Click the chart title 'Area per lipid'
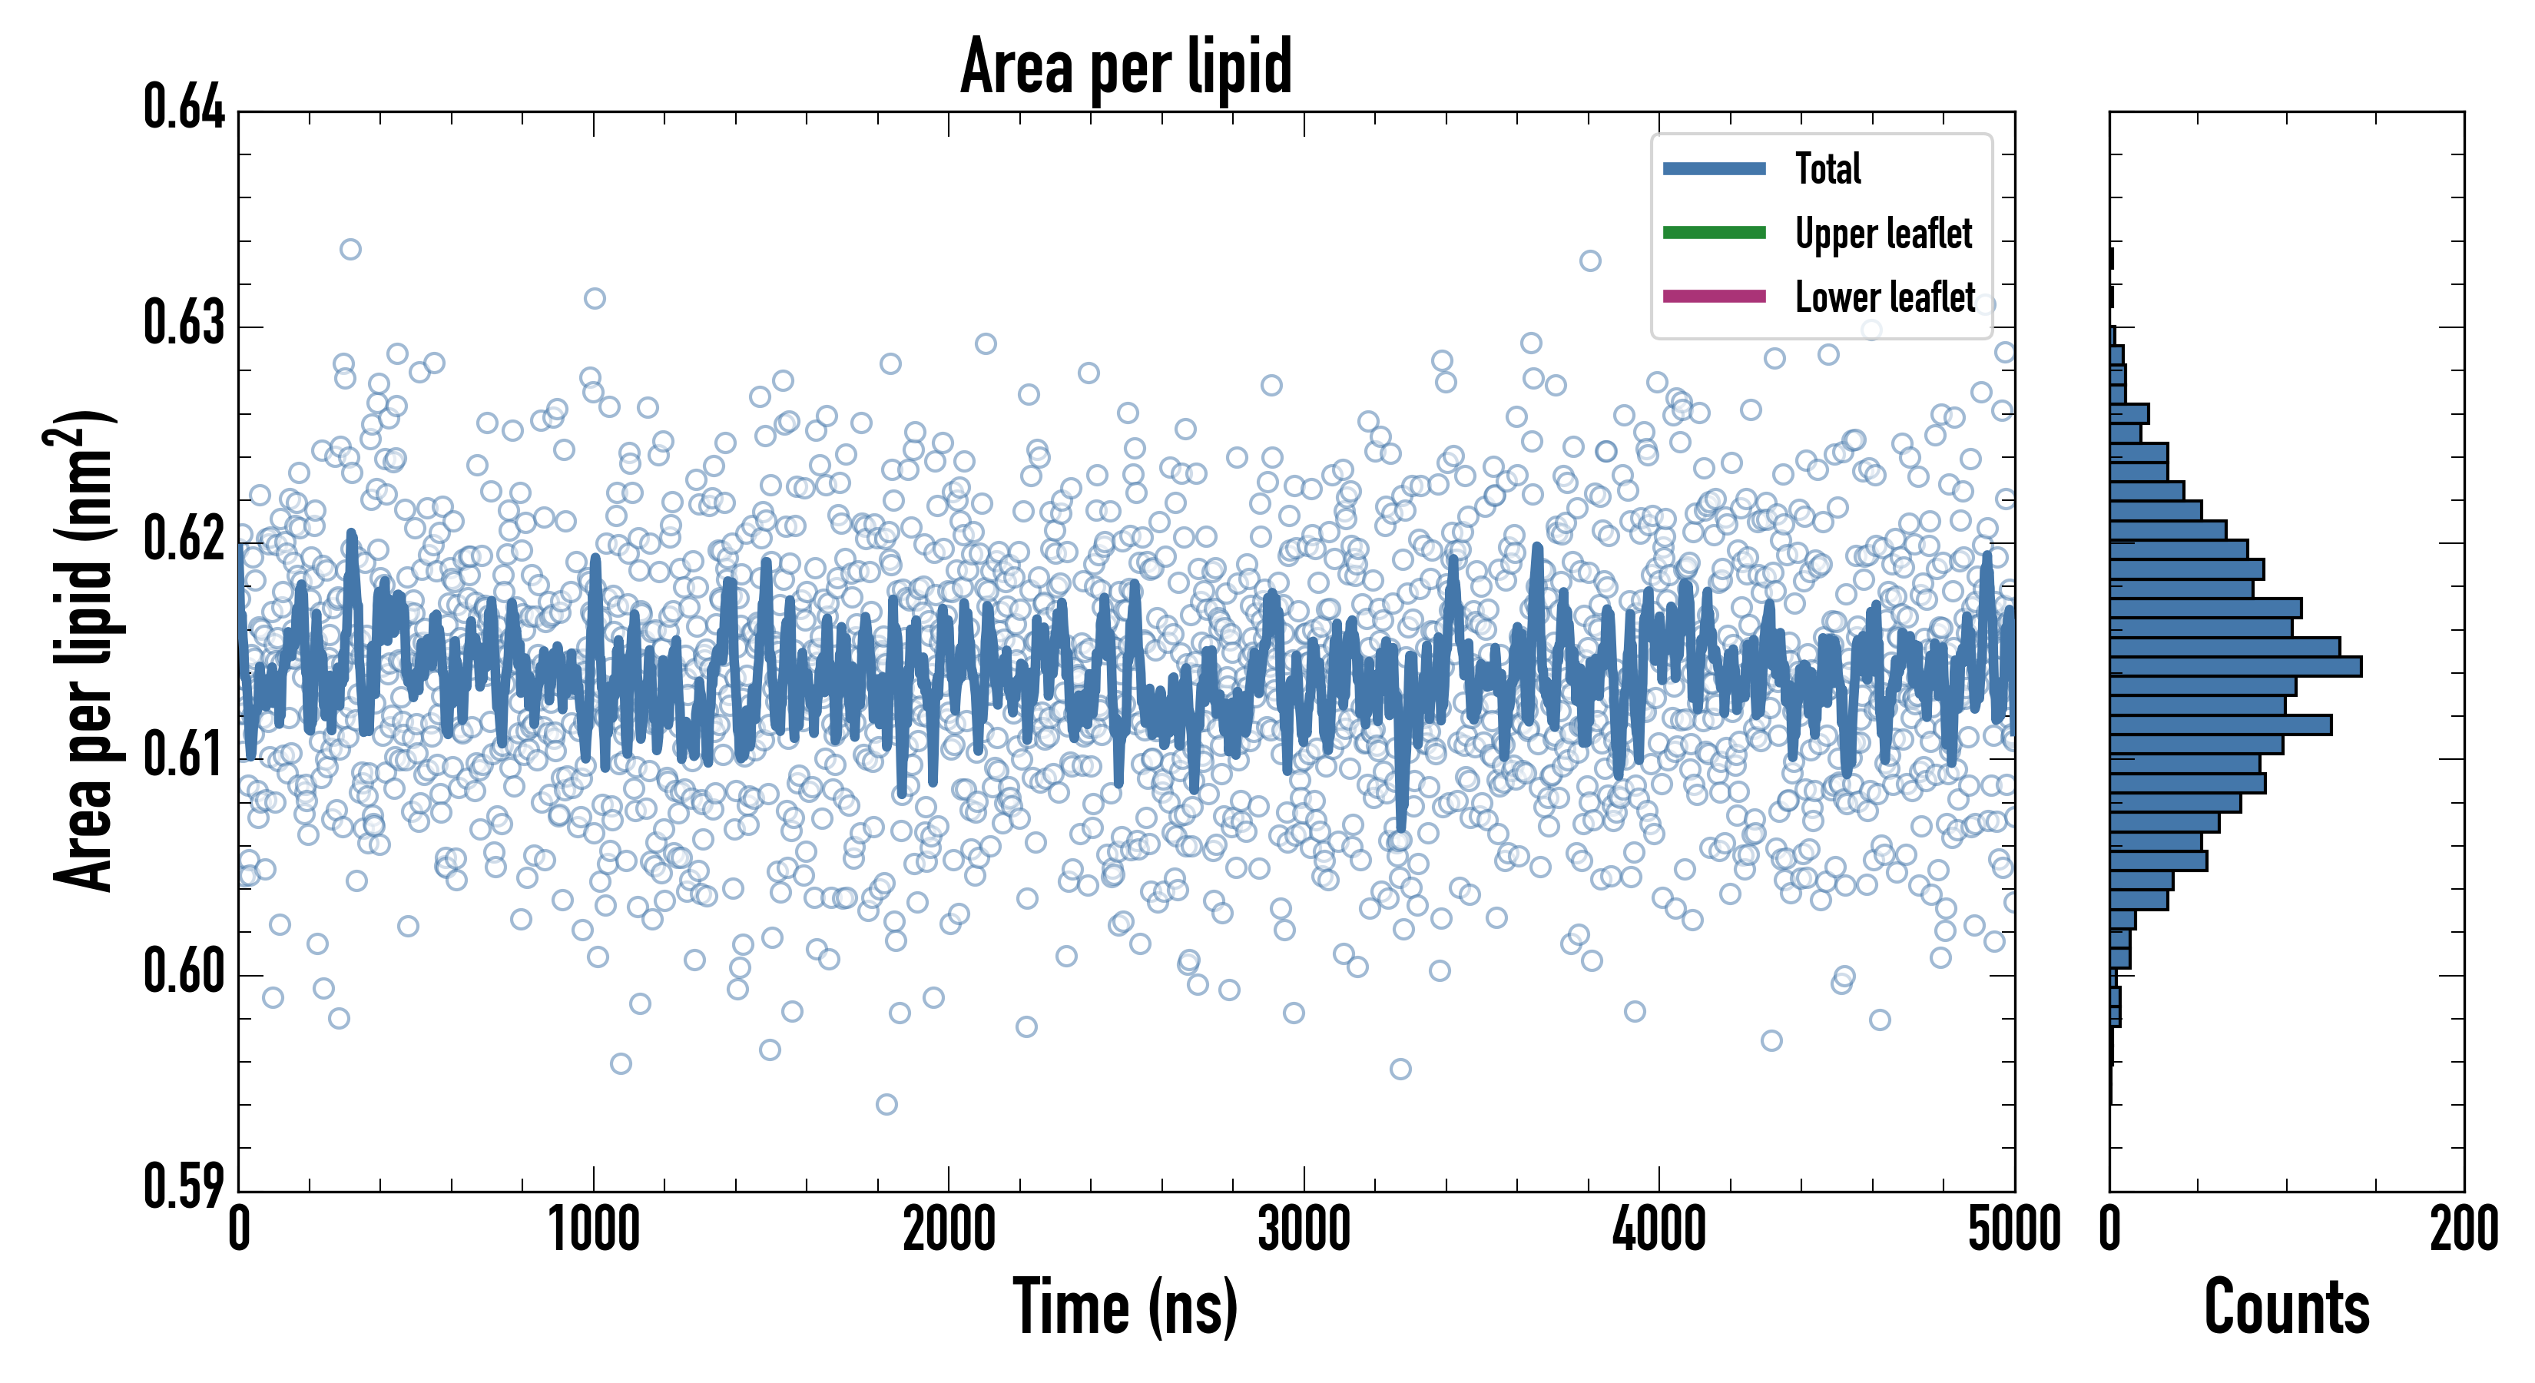1126,66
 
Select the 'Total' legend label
1828,168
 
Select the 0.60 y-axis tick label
184,971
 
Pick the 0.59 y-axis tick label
184,1186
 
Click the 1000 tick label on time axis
593,1230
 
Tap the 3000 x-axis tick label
1304,1230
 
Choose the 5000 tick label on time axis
2013,1230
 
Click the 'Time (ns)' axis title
1126,1307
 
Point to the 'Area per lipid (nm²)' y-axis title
84,650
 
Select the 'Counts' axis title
2286,1307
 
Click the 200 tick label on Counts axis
2463,1230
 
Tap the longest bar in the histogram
2234,666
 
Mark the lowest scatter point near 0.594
886,1104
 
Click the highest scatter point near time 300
350,249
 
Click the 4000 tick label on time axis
1659,1230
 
